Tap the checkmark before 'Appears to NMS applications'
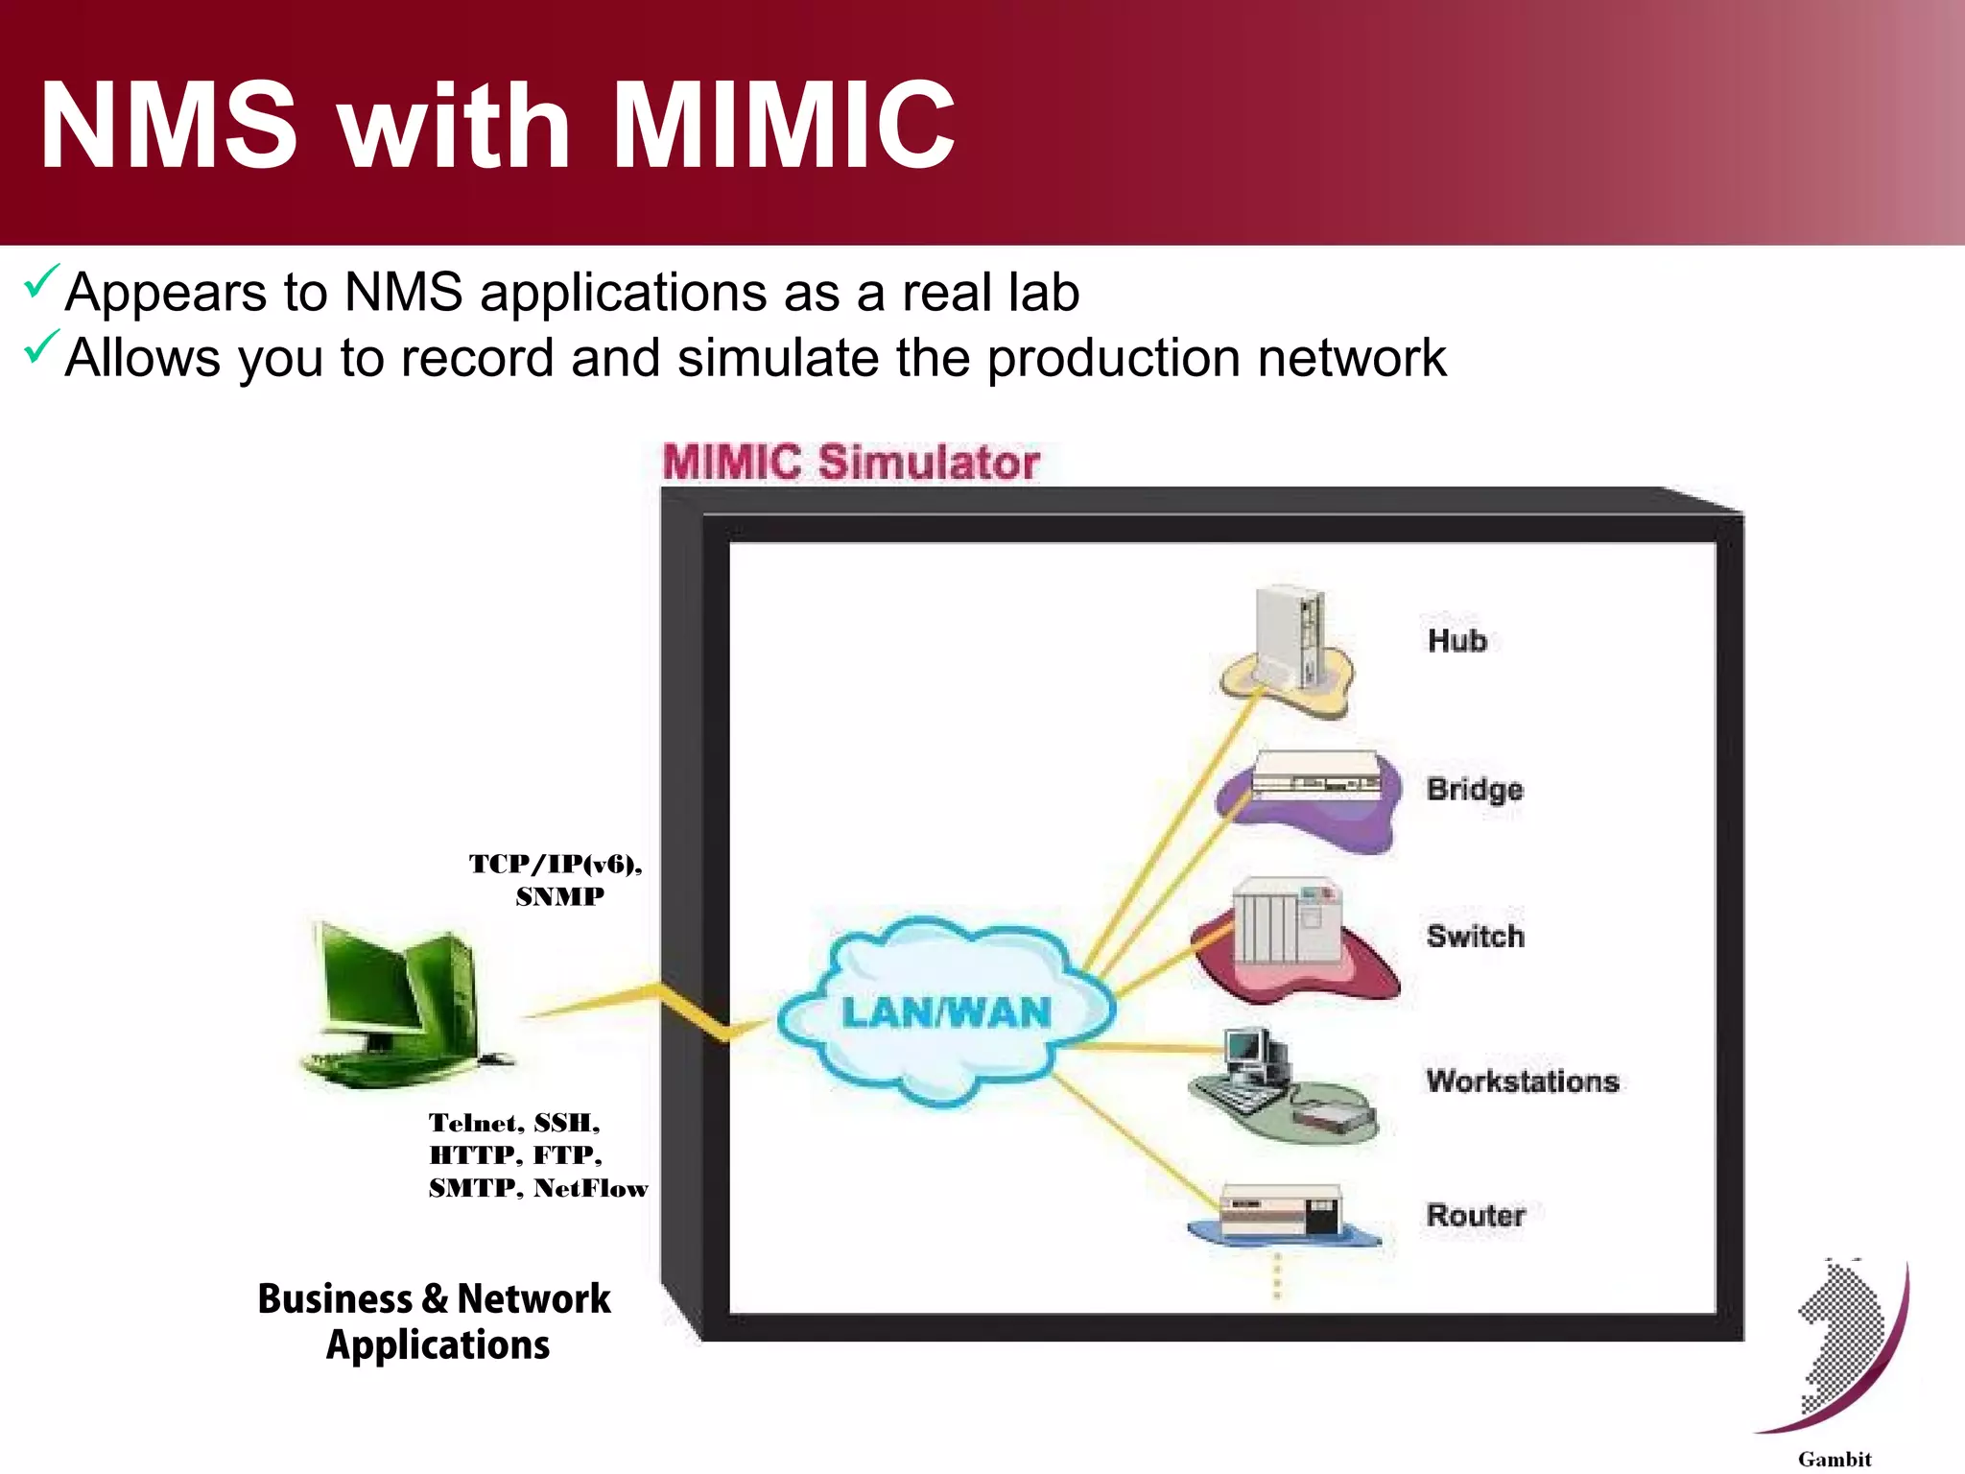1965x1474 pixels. tap(41, 281)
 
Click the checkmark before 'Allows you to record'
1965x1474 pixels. tap(41, 346)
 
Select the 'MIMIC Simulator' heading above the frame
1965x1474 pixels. tap(850, 462)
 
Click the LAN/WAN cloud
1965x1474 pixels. tap(945, 1012)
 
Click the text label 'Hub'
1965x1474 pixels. tap(1456, 640)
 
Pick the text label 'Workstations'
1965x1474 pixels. tap(1522, 1081)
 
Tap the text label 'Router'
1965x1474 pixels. tap(1475, 1215)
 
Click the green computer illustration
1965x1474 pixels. tap(398, 1003)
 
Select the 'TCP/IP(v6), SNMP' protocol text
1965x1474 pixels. tap(556, 879)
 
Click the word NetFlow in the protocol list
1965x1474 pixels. tap(591, 1188)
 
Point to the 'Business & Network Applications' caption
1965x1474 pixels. tap(435, 1320)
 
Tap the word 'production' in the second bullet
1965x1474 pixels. tap(1113, 358)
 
